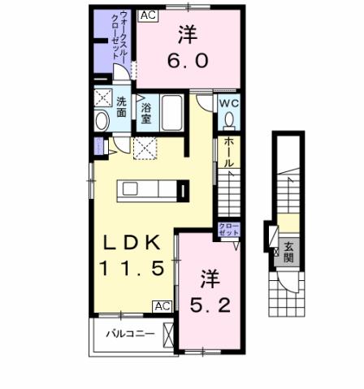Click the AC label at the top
(148, 15)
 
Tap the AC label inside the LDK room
(162, 306)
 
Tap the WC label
(228, 103)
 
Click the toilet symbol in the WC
(229, 120)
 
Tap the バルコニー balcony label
(129, 333)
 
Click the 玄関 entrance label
(288, 253)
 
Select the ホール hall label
(229, 152)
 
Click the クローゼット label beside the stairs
(227, 228)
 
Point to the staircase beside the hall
(231, 195)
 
